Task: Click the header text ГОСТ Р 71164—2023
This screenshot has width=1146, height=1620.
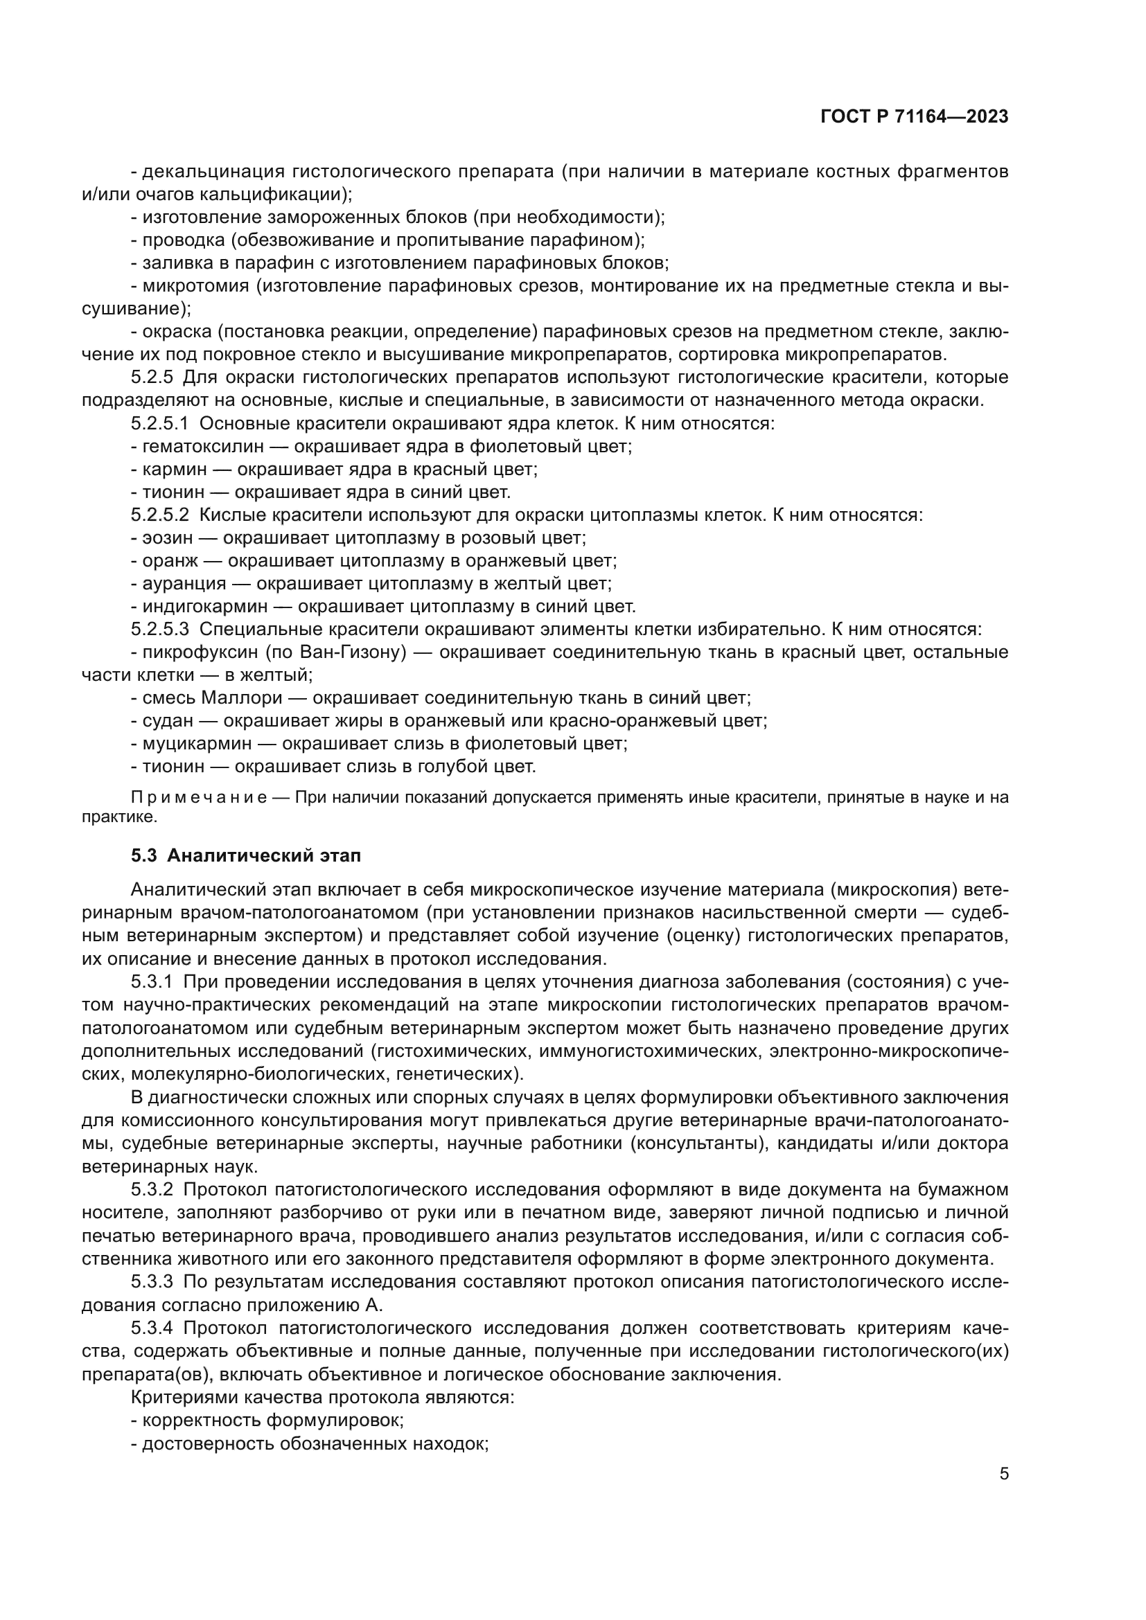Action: (915, 117)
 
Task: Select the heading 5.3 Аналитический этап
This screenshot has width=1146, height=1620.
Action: (245, 856)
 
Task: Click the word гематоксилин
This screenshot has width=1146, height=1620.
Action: (203, 447)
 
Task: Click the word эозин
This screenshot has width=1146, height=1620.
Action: (167, 538)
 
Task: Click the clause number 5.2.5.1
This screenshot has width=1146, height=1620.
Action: (159, 424)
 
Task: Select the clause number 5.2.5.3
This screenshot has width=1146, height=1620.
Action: (159, 630)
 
